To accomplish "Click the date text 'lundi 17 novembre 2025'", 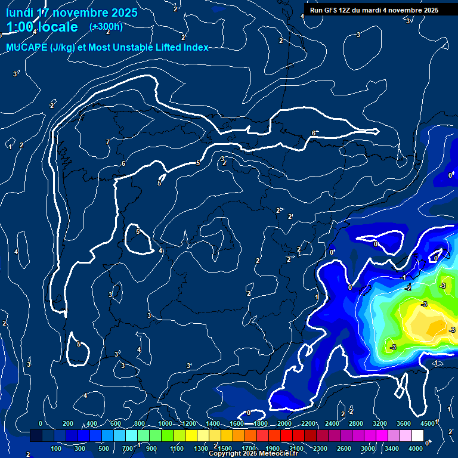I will [x=72, y=13].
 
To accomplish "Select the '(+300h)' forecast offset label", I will [x=106, y=27].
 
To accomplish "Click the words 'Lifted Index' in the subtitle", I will [x=181, y=47].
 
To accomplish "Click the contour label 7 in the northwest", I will [x=107, y=142].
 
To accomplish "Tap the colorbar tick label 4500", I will [x=426, y=423].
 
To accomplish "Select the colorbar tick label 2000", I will [x=284, y=423].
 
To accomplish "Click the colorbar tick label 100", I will [x=57, y=448].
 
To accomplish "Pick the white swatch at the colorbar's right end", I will [x=417, y=436].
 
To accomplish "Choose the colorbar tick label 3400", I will [x=392, y=448].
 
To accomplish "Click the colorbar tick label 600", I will [x=116, y=423].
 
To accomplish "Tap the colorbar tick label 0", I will [x=41, y=423].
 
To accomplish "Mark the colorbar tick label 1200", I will [x=188, y=423].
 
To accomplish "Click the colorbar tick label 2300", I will [x=320, y=448].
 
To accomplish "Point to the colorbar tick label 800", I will [x=140, y=423].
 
